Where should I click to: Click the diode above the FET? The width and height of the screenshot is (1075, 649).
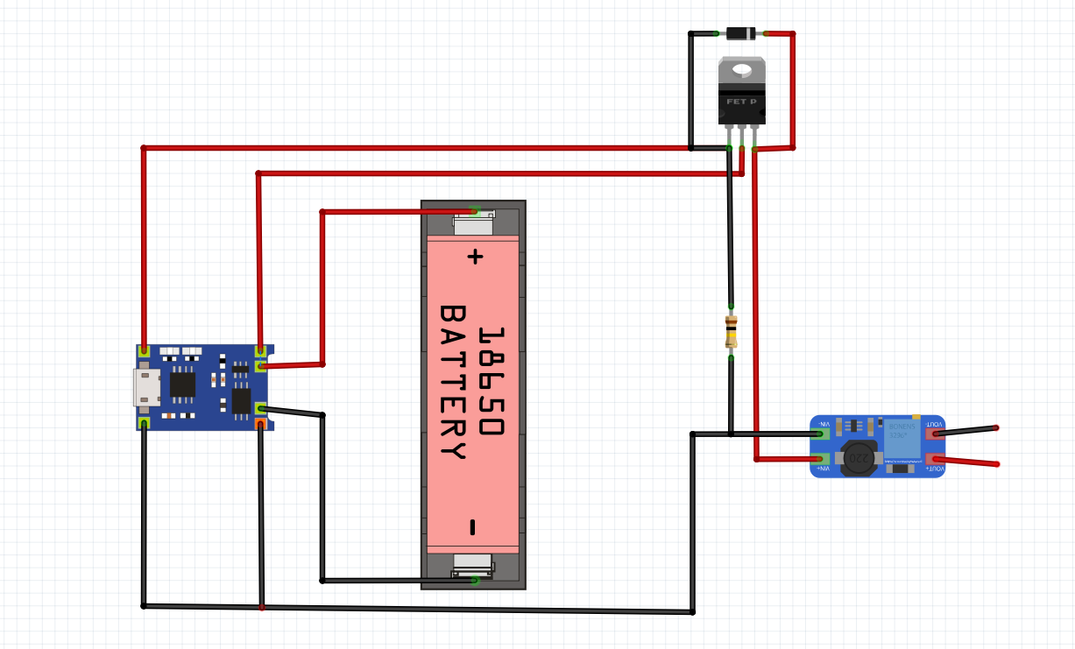(741, 34)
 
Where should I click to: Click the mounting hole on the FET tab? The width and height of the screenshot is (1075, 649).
(742, 69)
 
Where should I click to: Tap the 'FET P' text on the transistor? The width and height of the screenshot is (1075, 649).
(741, 102)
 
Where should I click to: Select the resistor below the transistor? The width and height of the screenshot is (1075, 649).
(731, 332)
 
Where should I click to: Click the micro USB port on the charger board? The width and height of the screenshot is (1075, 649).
(145, 387)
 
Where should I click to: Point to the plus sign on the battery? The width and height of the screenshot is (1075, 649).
(474, 257)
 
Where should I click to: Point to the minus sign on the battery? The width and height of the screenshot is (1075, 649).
(473, 526)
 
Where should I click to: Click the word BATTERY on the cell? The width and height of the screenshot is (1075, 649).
(452, 382)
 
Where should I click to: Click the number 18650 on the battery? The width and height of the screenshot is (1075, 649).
(492, 382)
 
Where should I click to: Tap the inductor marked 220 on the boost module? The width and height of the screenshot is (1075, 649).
(859, 457)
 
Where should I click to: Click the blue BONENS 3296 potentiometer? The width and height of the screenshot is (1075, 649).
(902, 436)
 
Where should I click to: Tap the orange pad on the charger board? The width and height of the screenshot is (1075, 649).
(260, 425)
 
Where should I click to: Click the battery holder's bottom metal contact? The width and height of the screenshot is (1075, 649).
(473, 565)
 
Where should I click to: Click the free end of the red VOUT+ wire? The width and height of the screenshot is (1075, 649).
(996, 464)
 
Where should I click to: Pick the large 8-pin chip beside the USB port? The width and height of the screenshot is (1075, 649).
(182, 385)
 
